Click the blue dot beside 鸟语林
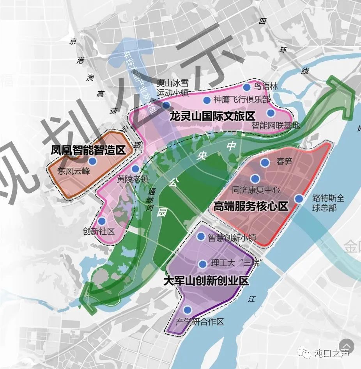click(x=246, y=87)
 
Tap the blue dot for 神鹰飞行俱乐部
click(x=207, y=100)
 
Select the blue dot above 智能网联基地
click(x=271, y=113)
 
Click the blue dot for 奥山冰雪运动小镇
click(x=166, y=105)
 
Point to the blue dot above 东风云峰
click(x=92, y=161)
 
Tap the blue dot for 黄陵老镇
click(x=135, y=169)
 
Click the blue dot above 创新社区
click(x=102, y=221)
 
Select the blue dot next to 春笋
click(x=265, y=162)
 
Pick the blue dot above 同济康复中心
click(x=255, y=179)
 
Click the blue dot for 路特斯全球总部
click(x=299, y=199)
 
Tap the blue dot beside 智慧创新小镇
click(x=201, y=236)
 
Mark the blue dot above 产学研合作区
click(x=188, y=310)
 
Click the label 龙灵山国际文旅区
click(x=212, y=116)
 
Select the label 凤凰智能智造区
click(x=88, y=150)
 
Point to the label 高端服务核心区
click(x=251, y=206)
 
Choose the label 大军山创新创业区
click(x=206, y=281)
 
